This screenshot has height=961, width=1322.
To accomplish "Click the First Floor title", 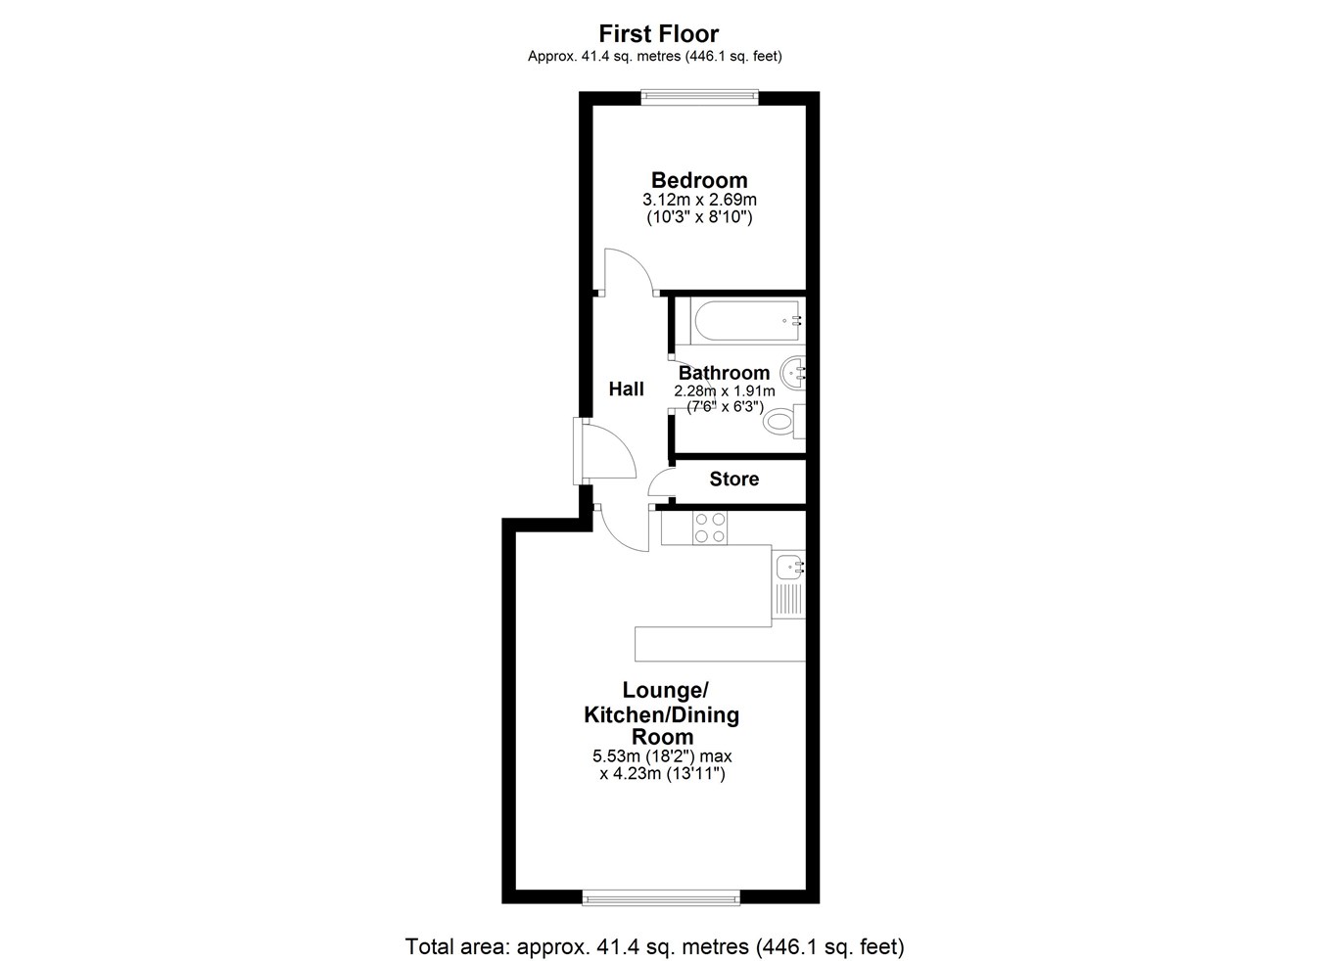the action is [659, 34].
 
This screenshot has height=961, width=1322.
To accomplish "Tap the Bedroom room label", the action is [699, 180].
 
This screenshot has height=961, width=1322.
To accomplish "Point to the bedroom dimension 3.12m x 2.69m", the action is [699, 200].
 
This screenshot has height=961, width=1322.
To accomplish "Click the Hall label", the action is [626, 389].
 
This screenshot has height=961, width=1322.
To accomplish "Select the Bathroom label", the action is [724, 373].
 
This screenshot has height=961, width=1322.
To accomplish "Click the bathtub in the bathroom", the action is [746, 321].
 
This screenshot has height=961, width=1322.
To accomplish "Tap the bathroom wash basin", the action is [792, 373].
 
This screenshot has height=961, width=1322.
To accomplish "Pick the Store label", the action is [734, 479].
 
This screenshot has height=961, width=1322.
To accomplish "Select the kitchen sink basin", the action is [788, 568].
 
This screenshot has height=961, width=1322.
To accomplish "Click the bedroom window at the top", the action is [699, 97].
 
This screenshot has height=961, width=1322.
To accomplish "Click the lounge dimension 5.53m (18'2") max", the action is [662, 755].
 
